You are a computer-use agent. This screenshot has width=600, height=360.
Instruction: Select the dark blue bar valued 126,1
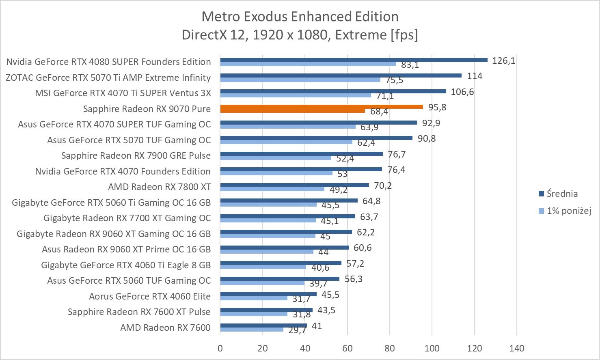pyautogui.click(x=353, y=60)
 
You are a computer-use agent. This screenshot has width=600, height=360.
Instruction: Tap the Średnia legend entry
pyautogui.click(x=562, y=194)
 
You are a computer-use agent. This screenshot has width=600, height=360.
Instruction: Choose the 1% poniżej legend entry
pyautogui.click(x=568, y=211)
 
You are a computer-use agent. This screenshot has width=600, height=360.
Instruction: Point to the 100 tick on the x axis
pyautogui.click(x=432, y=348)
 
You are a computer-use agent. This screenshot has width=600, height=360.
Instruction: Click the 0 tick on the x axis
pyautogui.click(x=220, y=348)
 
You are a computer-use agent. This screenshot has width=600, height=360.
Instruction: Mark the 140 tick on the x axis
pyautogui.click(x=517, y=348)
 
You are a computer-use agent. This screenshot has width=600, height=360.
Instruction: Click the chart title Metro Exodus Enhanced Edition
pyautogui.click(x=300, y=16)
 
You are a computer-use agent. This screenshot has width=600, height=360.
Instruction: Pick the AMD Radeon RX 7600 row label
pyautogui.click(x=165, y=328)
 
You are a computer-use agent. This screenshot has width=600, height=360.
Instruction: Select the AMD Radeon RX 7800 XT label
pyautogui.click(x=159, y=187)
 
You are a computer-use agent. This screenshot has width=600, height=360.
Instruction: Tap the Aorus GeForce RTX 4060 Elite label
pyautogui.click(x=150, y=296)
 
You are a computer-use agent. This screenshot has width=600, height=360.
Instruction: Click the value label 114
pyautogui.click(x=474, y=76)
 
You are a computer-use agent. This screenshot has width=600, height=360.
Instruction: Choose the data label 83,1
pyautogui.click(x=410, y=65)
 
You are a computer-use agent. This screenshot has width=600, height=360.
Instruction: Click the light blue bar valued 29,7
pyautogui.click(x=252, y=330)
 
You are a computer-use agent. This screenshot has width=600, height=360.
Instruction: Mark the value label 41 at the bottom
pyautogui.click(x=317, y=326)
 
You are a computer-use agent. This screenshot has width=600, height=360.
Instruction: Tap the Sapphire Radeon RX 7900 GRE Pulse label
pyautogui.click(x=136, y=155)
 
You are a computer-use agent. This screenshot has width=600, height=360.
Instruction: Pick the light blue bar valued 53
pyautogui.click(x=276, y=173)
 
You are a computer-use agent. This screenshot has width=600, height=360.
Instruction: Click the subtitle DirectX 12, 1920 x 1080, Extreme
pyautogui.click(x=300, y=34)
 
